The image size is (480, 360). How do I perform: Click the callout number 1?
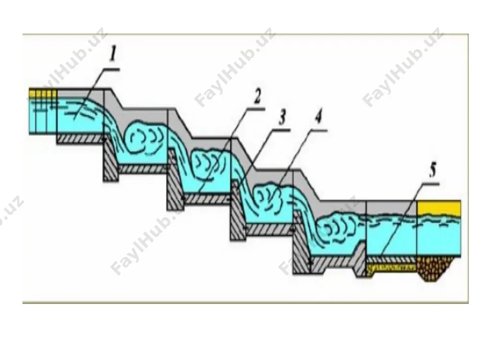pos(113,55)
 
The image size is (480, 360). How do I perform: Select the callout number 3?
pos(282,117)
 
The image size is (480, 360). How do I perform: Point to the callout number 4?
pos(318,117)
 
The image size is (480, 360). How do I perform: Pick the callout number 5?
pos(432,170)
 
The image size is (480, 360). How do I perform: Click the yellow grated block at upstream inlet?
pos(43,94)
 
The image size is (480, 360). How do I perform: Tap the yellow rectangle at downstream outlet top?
pos(439,208)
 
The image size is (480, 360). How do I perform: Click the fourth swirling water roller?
pos(339,228)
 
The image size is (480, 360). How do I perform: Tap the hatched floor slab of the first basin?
pos(143,168)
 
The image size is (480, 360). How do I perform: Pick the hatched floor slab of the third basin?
pos(269,229)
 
